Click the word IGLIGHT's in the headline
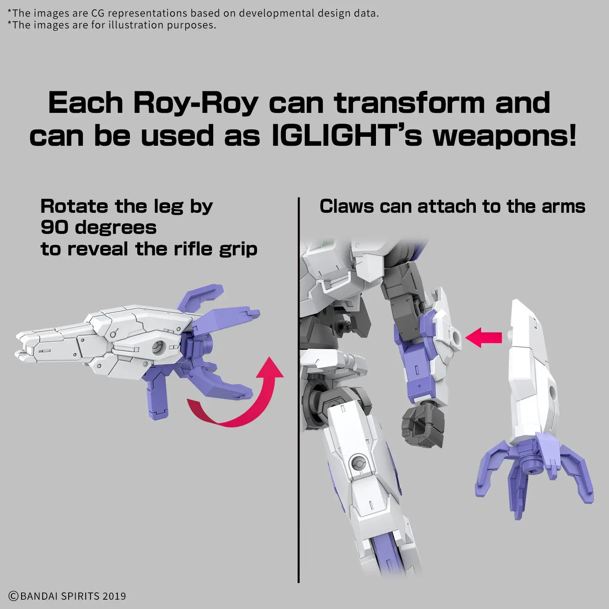[x=347, y=136]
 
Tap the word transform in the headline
[x=410, y=103]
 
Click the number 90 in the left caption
[x=55, y=228]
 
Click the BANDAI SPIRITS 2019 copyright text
[x=67, y=596]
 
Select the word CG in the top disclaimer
[x=98, y=13]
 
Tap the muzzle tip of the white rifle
[x=18, y=345]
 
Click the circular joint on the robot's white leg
[x=358, y=463]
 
